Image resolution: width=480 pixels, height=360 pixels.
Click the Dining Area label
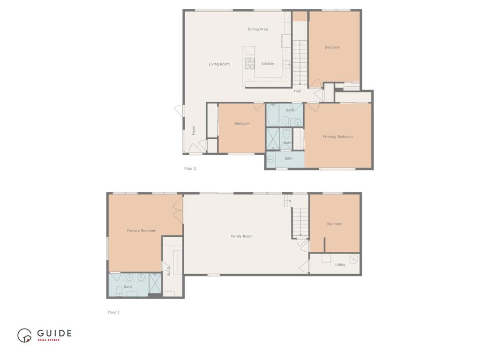coord(257,29)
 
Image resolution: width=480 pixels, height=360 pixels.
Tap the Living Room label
coord(219,64)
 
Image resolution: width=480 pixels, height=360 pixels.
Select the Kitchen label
coord(268,64)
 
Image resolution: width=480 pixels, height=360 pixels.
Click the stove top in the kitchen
coord(249,63)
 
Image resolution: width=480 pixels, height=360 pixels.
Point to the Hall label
coord(297,91)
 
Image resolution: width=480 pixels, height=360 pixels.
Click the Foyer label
coord(194,130)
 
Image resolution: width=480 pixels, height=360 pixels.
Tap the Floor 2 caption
coord(190,168)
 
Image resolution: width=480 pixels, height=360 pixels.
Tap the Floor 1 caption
coord(113,312)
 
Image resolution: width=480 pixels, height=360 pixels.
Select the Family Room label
coord(241,236)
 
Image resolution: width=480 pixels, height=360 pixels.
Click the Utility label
coord(340,265)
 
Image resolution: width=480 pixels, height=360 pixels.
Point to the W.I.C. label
coord(169,271)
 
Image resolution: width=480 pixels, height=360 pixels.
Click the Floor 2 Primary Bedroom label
coord(338,136)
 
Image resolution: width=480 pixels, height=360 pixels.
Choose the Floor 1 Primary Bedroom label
coord(142,231)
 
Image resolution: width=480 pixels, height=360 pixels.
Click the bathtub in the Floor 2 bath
coord(273,115)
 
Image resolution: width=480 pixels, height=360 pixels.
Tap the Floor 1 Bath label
coord(128,287)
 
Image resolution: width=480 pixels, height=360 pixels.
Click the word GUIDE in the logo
coord(54,333)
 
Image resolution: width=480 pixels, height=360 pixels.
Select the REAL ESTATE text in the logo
coord(49,340)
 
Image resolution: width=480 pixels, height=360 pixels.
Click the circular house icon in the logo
coord(24,336)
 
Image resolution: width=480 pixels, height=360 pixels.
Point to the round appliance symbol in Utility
coord(353,259)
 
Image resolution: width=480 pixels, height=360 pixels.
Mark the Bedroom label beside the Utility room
coord(335,224)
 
